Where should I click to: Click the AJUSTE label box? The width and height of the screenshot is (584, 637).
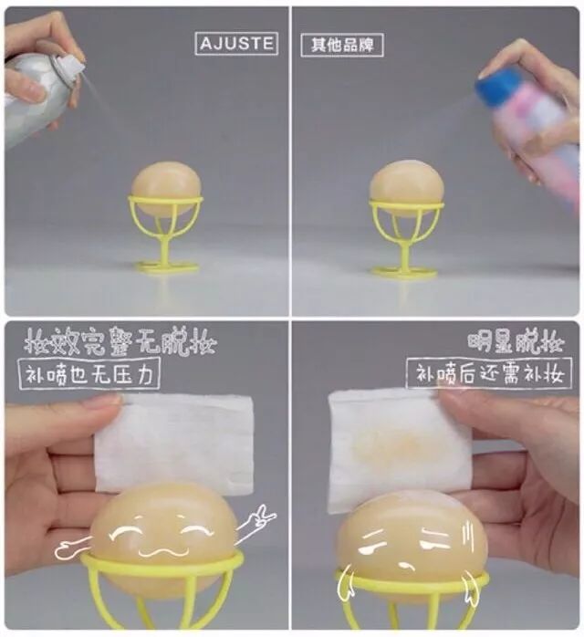click(x=236, y=43)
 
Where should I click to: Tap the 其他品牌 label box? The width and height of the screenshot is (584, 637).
click(x=342, y=45)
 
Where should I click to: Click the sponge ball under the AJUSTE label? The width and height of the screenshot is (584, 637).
click(x=166, y=188)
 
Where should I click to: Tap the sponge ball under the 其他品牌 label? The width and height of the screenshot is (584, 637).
click(x=407, y=188)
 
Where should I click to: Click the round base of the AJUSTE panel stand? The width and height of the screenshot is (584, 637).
click(x=166, y=268)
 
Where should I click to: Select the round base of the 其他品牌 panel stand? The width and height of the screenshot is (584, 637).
click(x=404, y=271)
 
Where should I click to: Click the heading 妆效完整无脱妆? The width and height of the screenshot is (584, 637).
click(x=120, y=342)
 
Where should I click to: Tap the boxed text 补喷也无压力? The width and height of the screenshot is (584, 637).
click(x=89, y=374)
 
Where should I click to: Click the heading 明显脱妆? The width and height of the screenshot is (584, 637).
click(x=516, y=343)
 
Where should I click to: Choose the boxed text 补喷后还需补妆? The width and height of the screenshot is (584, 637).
click(x=489, y=373)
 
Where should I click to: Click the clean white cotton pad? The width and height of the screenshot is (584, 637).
click(x=174, y=443)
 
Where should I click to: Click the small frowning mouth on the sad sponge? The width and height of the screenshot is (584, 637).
click(x=404, y=566)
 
